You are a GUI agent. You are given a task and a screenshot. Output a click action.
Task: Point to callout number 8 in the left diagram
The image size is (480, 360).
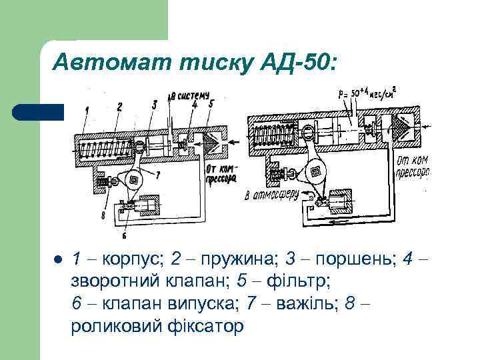point(103,215)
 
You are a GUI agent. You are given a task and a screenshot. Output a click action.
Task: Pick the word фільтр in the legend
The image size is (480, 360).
point(297,281)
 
